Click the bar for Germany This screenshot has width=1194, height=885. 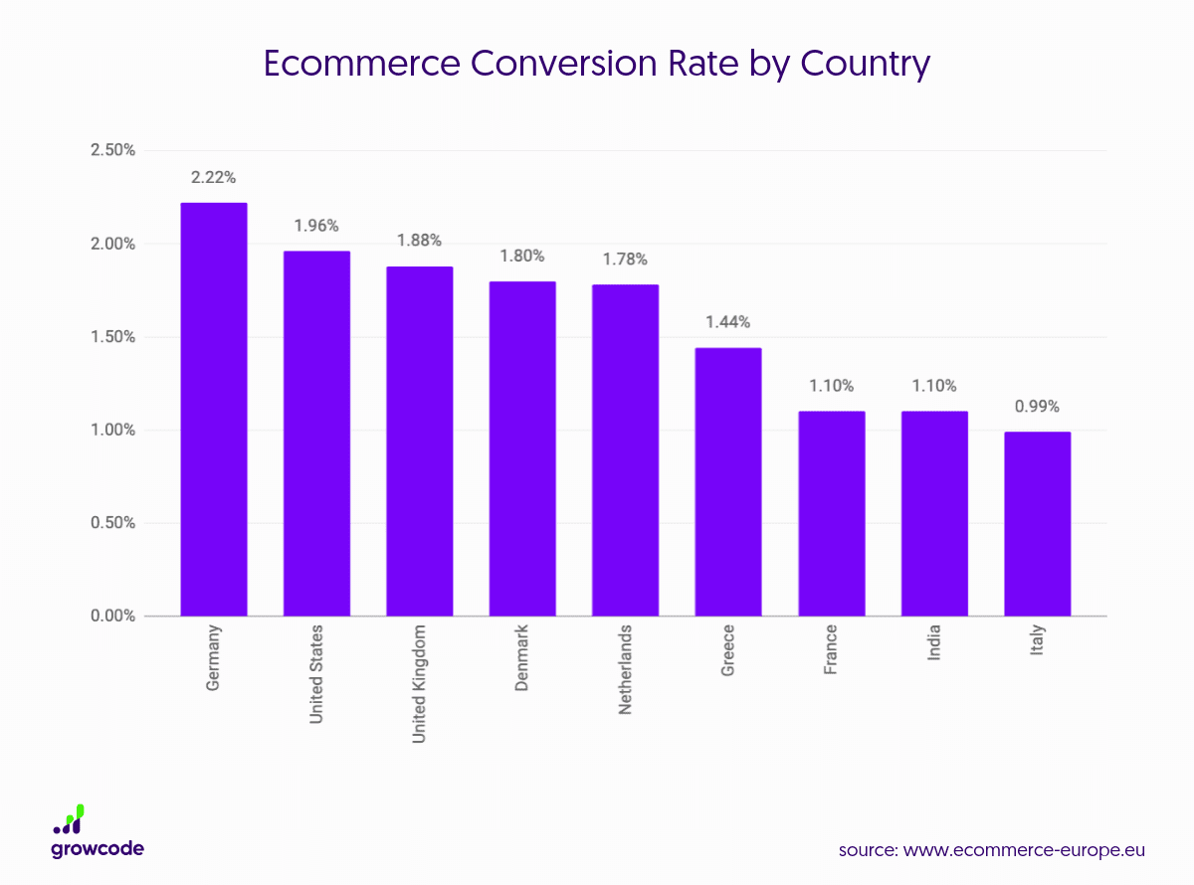coord(213,409)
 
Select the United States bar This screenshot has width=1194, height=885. coord(316,434)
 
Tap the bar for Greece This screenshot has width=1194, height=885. coord(728,481)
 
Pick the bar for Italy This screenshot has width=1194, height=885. coord(1037,523)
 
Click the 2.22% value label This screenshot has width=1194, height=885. coord(213,178)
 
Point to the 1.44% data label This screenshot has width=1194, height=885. coord(728,322)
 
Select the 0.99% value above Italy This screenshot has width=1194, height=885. coord(1037,407)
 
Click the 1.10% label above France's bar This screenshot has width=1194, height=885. coord(831,386)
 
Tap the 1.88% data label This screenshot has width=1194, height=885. coord(419,241)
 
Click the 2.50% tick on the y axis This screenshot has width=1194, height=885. coord(112,150)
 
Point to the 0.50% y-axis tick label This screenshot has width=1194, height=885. coord(112,523)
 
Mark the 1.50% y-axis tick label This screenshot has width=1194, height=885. coord(112,337)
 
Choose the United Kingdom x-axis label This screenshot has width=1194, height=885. coord(419,683)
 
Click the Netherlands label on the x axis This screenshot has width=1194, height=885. coord(625,670)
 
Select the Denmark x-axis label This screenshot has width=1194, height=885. coord(522,657)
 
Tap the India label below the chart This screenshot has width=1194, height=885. coord(933,643)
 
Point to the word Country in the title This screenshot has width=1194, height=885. coord(856,64)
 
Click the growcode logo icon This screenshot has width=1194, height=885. coord(70,819)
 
